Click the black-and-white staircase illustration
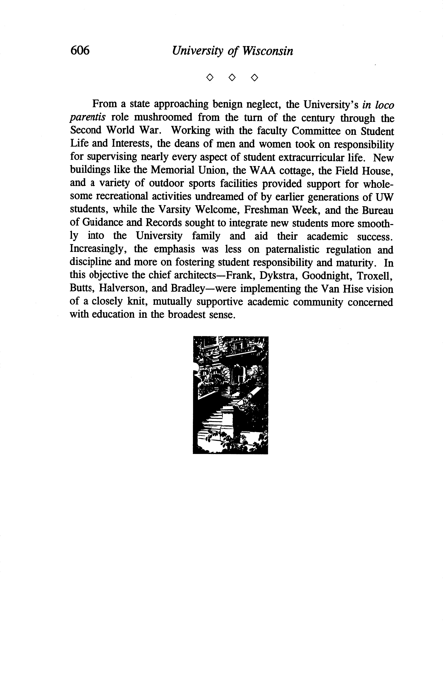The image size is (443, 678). pos(230,395)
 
